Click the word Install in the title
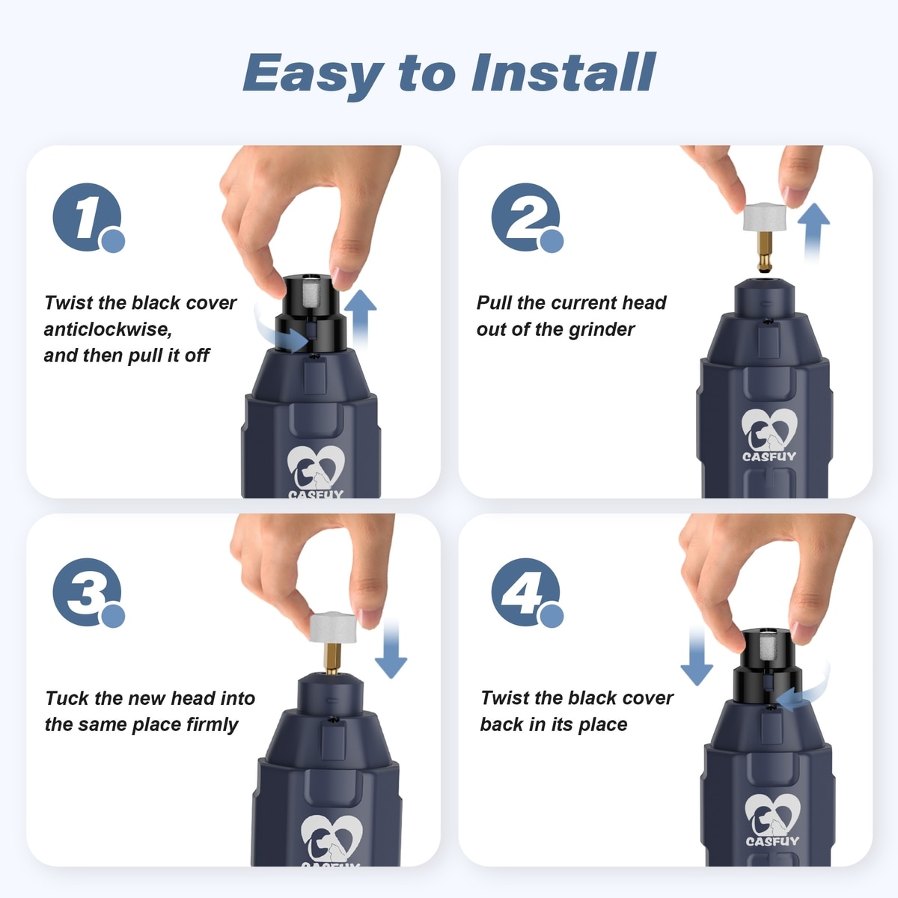[x=563, y=73]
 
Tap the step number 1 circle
[x=87, y=217]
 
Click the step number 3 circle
[x=87, y=592]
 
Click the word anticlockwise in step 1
[x=108, y=329]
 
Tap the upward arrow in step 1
[x=361, y=320]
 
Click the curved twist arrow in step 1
[x=280, y=333]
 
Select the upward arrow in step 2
[x=813, y=233]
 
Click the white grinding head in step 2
[x=765, y=216]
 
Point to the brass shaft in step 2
[x=764, y=251]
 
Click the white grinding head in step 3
[x=333, y=627]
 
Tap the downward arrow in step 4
[x=696, y=656]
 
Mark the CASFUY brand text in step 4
[x=772, y=841]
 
